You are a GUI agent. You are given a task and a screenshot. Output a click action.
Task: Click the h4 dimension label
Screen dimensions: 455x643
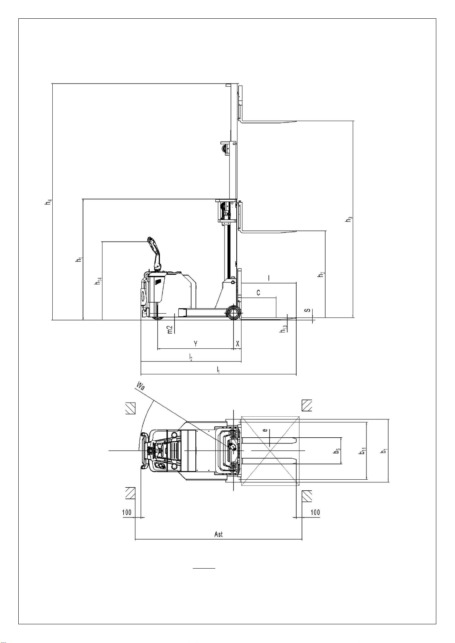pyautogui.click(x=48, y=202)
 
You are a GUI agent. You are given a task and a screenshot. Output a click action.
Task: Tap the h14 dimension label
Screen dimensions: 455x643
pyautogui.click(x=98, y=281)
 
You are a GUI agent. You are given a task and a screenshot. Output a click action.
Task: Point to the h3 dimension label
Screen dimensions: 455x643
pyautogui.click(x=349, y=219)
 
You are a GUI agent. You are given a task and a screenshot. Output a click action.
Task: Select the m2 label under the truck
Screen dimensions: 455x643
pyautogui.click(x=170, y=329)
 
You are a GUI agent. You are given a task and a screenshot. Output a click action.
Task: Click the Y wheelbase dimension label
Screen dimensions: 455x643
pyautogui.click(x=195, y=343)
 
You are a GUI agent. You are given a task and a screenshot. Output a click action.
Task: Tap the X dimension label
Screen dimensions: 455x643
pyautogui.click(x=237, y=343)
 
